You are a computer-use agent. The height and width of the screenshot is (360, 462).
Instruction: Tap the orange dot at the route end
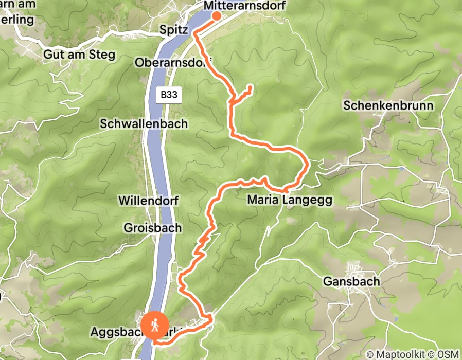pos(216,15)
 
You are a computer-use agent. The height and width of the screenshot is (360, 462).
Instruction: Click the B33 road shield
pos(169,95)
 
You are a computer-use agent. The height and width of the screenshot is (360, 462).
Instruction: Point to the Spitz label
pos(173,29)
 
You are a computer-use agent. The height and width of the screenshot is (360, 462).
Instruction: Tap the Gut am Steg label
pos(79,55)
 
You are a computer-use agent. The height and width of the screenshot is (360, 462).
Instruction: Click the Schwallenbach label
pos(144,124)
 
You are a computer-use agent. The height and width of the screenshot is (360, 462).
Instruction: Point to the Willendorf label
pos(148,200)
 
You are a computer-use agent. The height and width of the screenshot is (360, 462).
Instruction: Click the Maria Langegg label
pos(290,200)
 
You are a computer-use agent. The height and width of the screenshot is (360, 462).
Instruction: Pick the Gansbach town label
pos(351,282)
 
